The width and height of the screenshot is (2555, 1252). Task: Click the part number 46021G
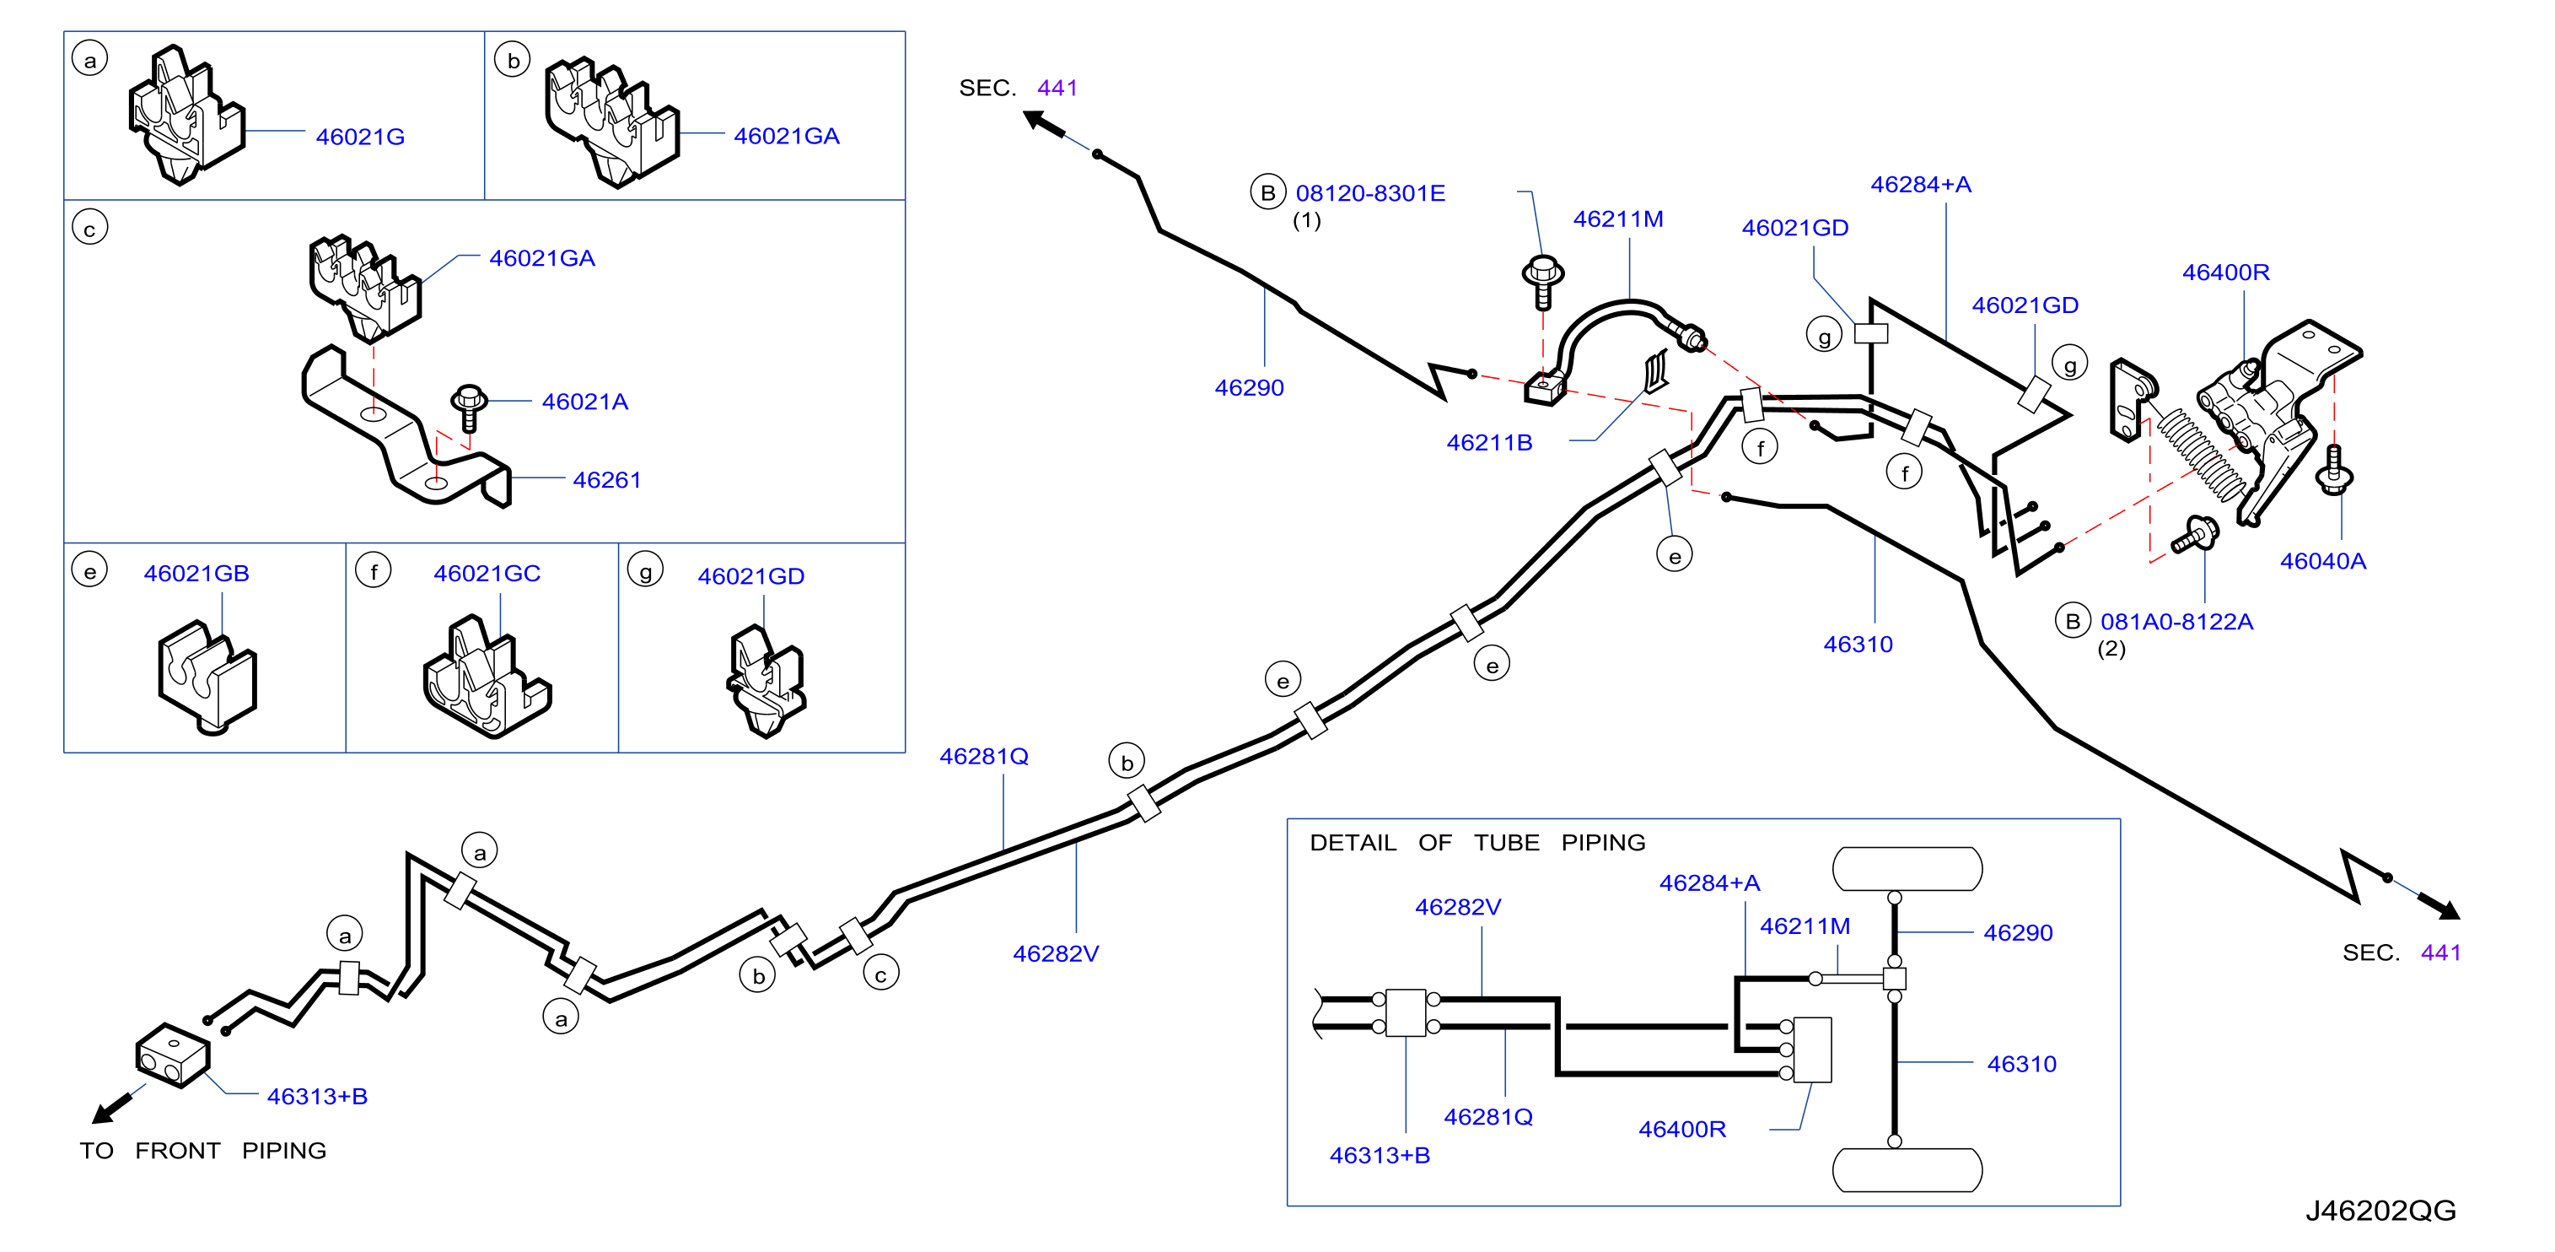(x=360, y=137)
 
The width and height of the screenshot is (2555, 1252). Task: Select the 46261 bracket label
(x=607, y=480)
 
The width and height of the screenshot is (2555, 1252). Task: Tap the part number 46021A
(x=585, y=402)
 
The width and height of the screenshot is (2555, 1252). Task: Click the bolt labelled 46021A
(x=468, y=407)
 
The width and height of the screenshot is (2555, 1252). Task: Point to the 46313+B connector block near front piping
(x=173, y=1055)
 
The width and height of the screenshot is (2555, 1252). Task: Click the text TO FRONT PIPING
(x=203, y=1151)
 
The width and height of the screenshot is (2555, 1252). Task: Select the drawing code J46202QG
(x=2380, y=1212)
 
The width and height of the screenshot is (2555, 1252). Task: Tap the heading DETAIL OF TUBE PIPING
(x=1477, y=844)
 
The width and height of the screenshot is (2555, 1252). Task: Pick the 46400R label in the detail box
(x=1682, y=1130)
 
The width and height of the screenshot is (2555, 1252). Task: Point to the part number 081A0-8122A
(x=2176, y=622)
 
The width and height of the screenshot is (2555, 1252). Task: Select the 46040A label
(x=2323, y=562)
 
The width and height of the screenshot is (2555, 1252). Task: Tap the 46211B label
(x=1489, y=444)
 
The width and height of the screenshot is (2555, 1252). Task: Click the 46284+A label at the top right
(x=1920, y=185)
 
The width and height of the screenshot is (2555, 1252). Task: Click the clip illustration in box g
(x=766, y=682)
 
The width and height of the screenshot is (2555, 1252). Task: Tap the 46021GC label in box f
(x=487, y=574)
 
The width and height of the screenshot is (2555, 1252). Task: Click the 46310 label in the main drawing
(x=1858, y=645)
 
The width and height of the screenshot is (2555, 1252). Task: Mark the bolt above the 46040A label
(x=2333, y=469)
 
